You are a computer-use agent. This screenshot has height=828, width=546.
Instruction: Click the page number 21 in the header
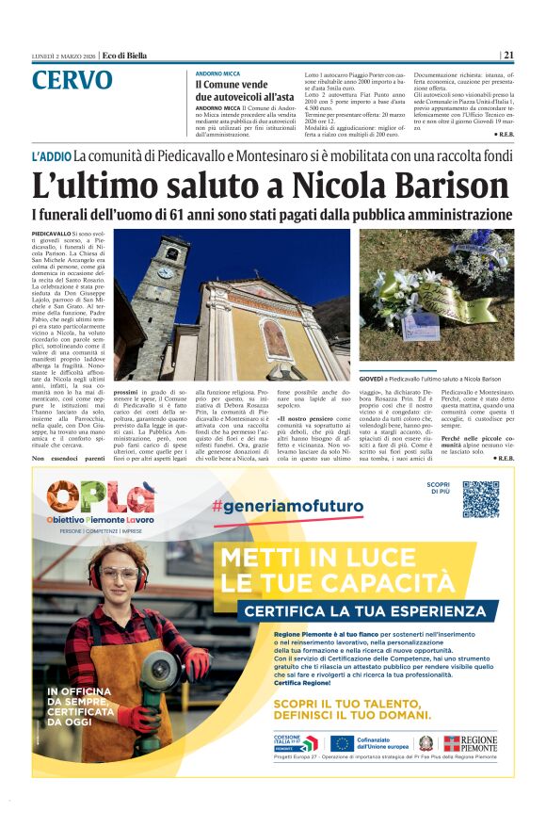click(x=507, y=56)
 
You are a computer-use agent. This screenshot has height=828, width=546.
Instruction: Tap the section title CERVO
click(x=72, y=80)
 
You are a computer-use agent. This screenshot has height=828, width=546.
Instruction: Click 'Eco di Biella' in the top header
click(x=124, y=56)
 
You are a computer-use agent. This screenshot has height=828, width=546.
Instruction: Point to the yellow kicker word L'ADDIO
click(x=52, y=154)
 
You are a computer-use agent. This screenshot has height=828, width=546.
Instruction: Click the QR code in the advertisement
click(x=480, y=499)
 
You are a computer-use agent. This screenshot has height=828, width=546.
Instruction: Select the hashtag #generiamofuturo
click(x=288, y=506)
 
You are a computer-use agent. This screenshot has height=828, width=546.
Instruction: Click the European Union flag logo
click(x=342, y=743)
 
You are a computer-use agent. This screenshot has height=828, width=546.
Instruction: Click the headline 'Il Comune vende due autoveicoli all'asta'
click(x=245, y=90)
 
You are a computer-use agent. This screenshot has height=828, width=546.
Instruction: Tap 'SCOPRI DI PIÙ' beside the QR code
click(x=438, y=487)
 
